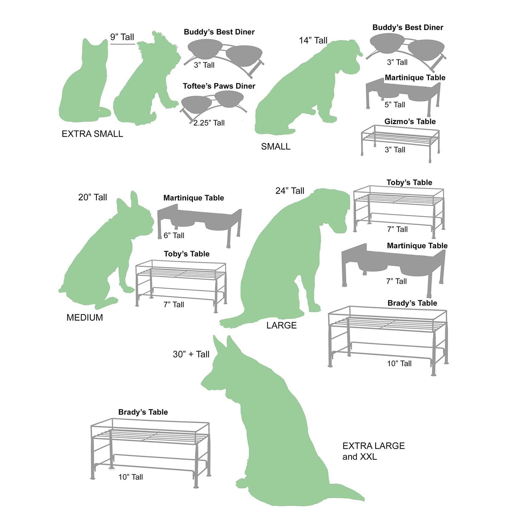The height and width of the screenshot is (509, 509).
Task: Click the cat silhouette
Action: point(83,88)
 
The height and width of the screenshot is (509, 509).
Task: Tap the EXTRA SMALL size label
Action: point(92,134)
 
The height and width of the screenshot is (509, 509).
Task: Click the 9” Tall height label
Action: point(122,37)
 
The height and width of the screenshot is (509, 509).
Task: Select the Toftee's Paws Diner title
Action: point(219,86)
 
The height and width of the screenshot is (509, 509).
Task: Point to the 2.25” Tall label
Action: point(209,123)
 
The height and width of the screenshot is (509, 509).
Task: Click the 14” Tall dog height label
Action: point(313,40)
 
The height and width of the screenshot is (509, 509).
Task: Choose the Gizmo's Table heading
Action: point(410,121)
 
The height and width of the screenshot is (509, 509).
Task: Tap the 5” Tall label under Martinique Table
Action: point(395,105)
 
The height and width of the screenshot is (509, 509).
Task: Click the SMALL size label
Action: point(276,147)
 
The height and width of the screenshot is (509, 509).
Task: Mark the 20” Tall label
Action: point(93,197)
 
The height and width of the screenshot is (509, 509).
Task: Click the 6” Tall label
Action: point(174,235)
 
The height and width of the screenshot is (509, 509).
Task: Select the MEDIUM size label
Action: point(84,318)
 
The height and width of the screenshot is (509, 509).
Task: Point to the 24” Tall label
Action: point(290,191)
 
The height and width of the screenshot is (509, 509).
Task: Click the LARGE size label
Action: point(281,325)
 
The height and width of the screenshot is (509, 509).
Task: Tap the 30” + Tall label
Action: point(191,354)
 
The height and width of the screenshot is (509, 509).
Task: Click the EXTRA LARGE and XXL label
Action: point(373,451)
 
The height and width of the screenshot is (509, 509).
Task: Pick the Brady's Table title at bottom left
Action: point(143,412)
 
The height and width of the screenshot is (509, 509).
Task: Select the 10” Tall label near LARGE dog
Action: point(399,364)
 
